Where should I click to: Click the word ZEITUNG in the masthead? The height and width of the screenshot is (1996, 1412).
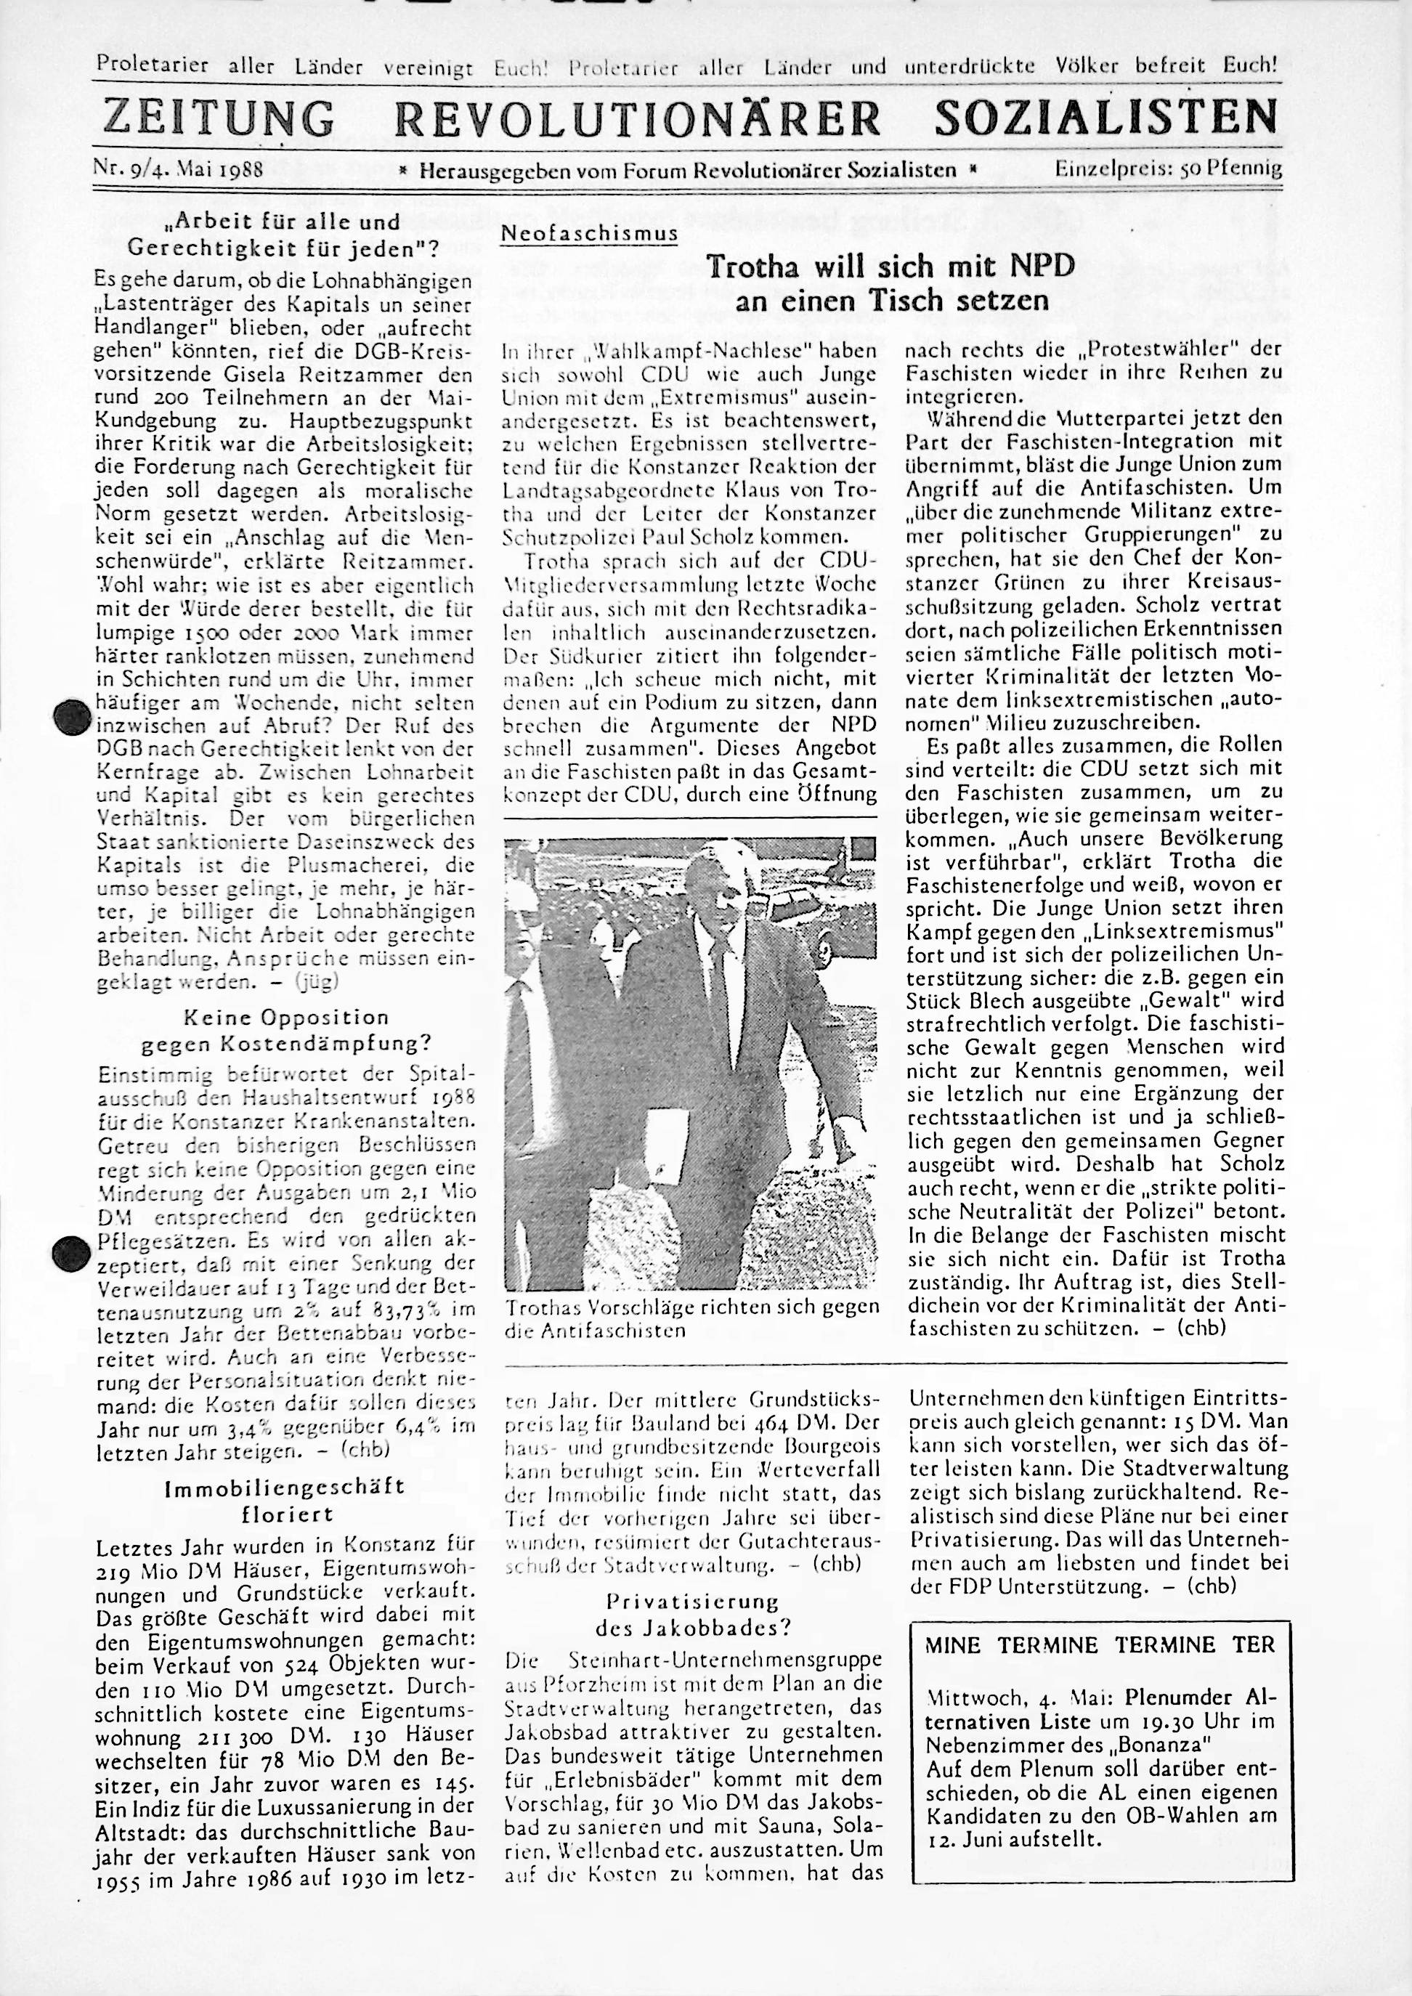tap(218, 118)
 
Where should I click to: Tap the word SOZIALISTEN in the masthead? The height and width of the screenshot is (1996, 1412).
tap(1106, 118)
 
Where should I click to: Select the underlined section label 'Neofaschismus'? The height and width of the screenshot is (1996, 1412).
tap(588, 235)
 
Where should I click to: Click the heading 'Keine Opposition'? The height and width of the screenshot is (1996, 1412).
tap(287, 1017)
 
